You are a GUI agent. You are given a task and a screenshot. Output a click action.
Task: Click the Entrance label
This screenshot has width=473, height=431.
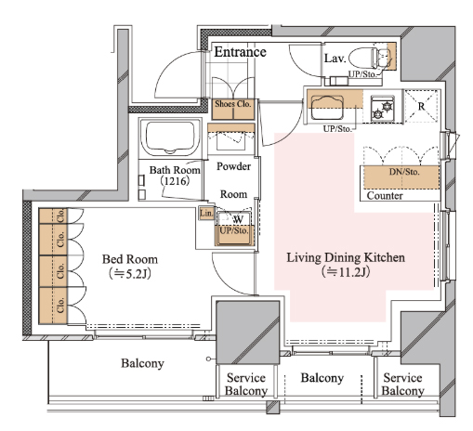[x=240, y=52]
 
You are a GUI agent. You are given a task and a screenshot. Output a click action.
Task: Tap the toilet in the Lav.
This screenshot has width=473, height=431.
[x=370, y=58]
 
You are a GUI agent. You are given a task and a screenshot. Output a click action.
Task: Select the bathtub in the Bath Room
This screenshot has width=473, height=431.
[x=170, y=137]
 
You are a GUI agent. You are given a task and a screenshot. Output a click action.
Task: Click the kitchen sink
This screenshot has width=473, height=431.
[x=327, y=107]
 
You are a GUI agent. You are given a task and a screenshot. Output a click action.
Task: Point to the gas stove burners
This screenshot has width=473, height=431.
[x=383, y=110]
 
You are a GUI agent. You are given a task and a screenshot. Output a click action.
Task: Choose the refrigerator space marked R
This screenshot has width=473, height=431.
[x=421, y=107]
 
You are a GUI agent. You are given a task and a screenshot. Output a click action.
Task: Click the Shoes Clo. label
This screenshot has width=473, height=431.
[x=233, y=104]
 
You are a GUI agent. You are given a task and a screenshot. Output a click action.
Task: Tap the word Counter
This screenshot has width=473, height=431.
[x=385, y=196]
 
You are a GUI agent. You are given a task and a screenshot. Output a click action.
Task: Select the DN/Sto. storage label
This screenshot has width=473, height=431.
[x=404, y=172]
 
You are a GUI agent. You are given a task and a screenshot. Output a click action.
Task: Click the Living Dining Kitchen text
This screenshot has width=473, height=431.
[x=346, y=257]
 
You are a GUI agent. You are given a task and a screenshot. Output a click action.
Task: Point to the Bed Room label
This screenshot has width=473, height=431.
[x=130, y=259]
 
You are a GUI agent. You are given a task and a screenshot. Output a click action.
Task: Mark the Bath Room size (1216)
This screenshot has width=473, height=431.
[x=175, y=181]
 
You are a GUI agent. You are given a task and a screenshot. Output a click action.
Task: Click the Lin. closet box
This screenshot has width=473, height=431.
[x=206, y=214]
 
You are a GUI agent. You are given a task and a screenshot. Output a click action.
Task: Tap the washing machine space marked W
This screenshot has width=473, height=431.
[x=238, y=219]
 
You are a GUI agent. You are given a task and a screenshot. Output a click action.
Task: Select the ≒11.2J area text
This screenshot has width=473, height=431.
[x=346, y=272]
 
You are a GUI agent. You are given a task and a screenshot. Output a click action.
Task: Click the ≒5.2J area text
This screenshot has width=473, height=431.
[x=130, y=274]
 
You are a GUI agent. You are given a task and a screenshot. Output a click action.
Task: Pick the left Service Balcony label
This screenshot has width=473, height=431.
[x=246, y=385]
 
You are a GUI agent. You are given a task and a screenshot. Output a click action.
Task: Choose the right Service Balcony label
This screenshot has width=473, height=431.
[x=402, y=385]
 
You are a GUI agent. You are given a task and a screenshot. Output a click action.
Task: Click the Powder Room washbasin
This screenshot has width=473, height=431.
[x=231, y=141]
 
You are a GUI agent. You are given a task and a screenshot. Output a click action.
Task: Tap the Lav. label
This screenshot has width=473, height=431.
[x=335, y=59]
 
